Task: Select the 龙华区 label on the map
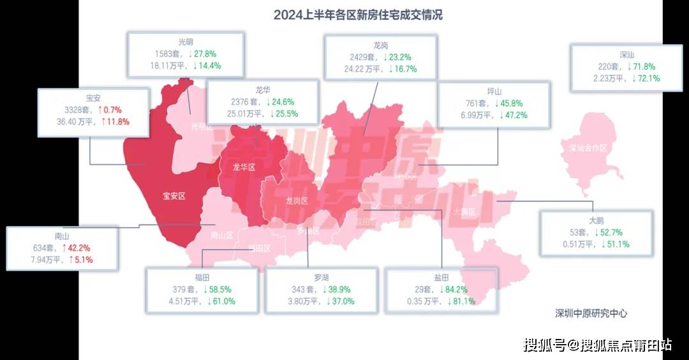tap(243, 167)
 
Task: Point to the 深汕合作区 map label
tap(588, 148)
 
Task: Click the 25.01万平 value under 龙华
tap(242, 114)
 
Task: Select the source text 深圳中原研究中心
tap(591, 313)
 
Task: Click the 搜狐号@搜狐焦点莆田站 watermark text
tap(597, 345)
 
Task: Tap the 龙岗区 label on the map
tap(297, 200)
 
